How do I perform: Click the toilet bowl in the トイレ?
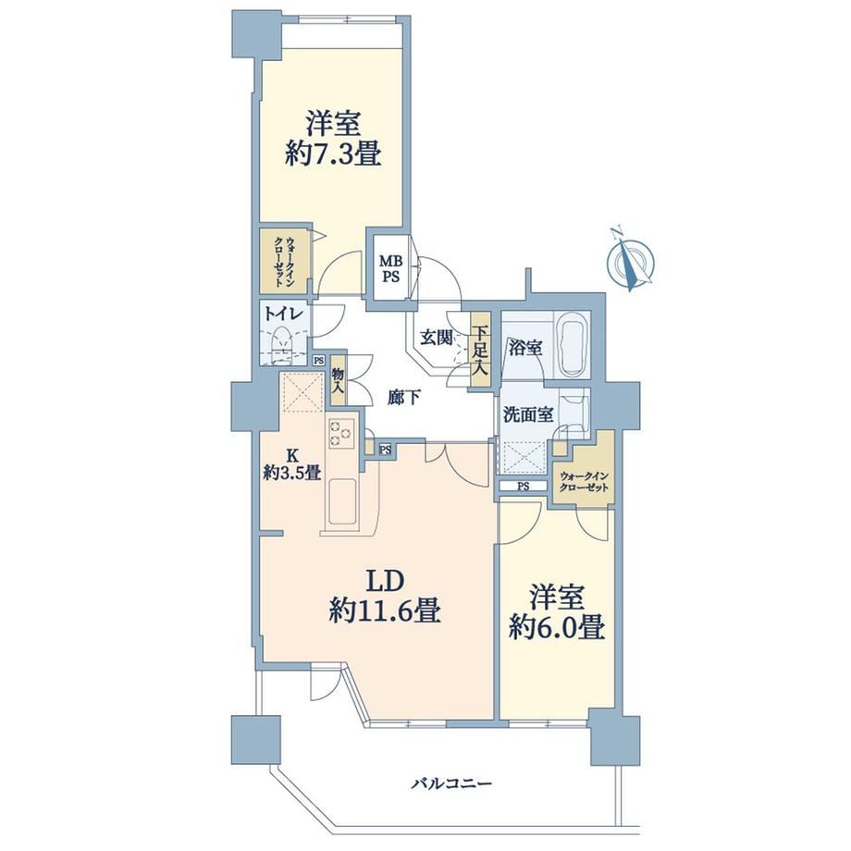(x=282, y=342)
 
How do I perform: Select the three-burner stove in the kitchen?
(x=340, y=433)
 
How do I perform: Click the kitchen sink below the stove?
(x=342, y=501)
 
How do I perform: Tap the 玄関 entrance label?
(x=437, y=339)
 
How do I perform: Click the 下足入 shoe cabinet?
(x=480, y=350)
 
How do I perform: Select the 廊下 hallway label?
(x=403, y=398)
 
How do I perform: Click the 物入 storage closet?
(x=338, y=380)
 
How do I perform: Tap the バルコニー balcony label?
(x=451, y=783)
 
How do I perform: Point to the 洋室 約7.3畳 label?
(x=333, y=138)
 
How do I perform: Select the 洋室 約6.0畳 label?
(x=557, y=612)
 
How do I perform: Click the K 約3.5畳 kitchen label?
(x=292, y=464)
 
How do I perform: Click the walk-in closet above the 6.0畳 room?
(x=585, y=471)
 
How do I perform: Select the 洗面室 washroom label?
(x=528, y=415)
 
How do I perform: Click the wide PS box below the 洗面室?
(x=524, y=487)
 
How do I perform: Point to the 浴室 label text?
(x=524, y=348)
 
